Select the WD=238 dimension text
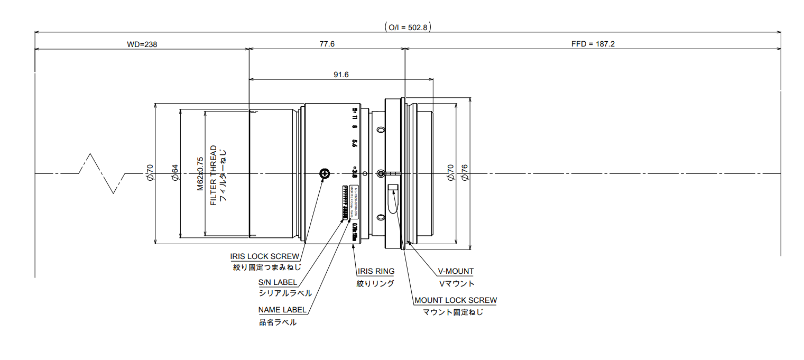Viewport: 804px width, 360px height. coord(142,44)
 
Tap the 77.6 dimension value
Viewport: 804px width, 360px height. coord(327,44)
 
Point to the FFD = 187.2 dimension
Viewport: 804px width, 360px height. coord(593,44)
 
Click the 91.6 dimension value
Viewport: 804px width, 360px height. coord(341,75)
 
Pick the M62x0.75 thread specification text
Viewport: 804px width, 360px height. coord(200,173)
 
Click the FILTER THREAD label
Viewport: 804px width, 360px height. coord(214,176)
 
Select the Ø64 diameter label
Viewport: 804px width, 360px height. coord(174,173)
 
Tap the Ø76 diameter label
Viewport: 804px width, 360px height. coord(465,173)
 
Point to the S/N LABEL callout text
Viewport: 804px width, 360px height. coord(278,282)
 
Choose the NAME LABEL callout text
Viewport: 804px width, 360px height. coord(282,310)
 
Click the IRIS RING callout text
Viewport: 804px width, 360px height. coord(376,271)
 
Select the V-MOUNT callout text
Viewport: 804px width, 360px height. coord(456,271)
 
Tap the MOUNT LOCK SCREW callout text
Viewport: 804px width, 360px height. coord(456,300)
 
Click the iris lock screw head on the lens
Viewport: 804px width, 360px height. coord(325,173)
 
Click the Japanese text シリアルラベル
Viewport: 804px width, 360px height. coord(285,293)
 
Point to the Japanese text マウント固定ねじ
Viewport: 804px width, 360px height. coord(453,312)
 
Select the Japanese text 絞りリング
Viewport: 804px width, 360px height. coord(375,283)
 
